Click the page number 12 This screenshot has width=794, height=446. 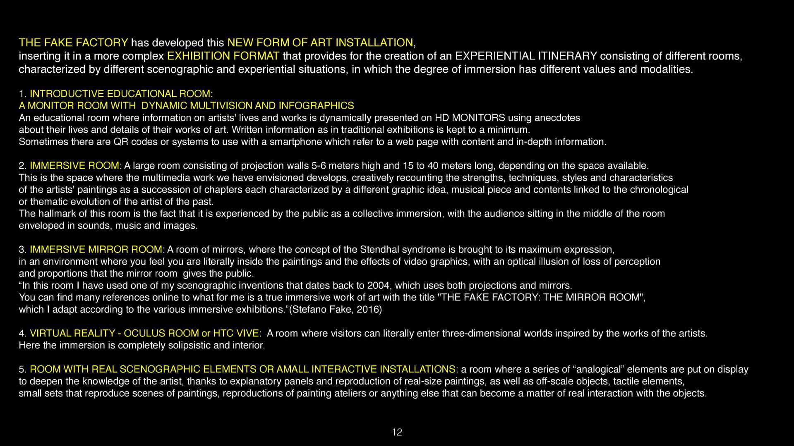pyautogui.click(x=396, y=432)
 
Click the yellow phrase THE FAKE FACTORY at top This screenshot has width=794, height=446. pyautogui.click(x=73, y=43)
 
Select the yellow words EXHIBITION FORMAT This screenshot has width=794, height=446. pyautogui.click(x=223, y=56)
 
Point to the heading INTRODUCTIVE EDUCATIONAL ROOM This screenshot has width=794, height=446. pyautogui.click(x=121, y=94)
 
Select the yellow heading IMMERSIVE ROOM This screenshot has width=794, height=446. pyautogui.click(x=74, y=166)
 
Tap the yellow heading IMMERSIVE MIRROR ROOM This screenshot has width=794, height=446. pyautogui.click(x=96, y=250)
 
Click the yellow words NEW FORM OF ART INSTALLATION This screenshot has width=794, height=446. pyautogui.click(x=320, y=43)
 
